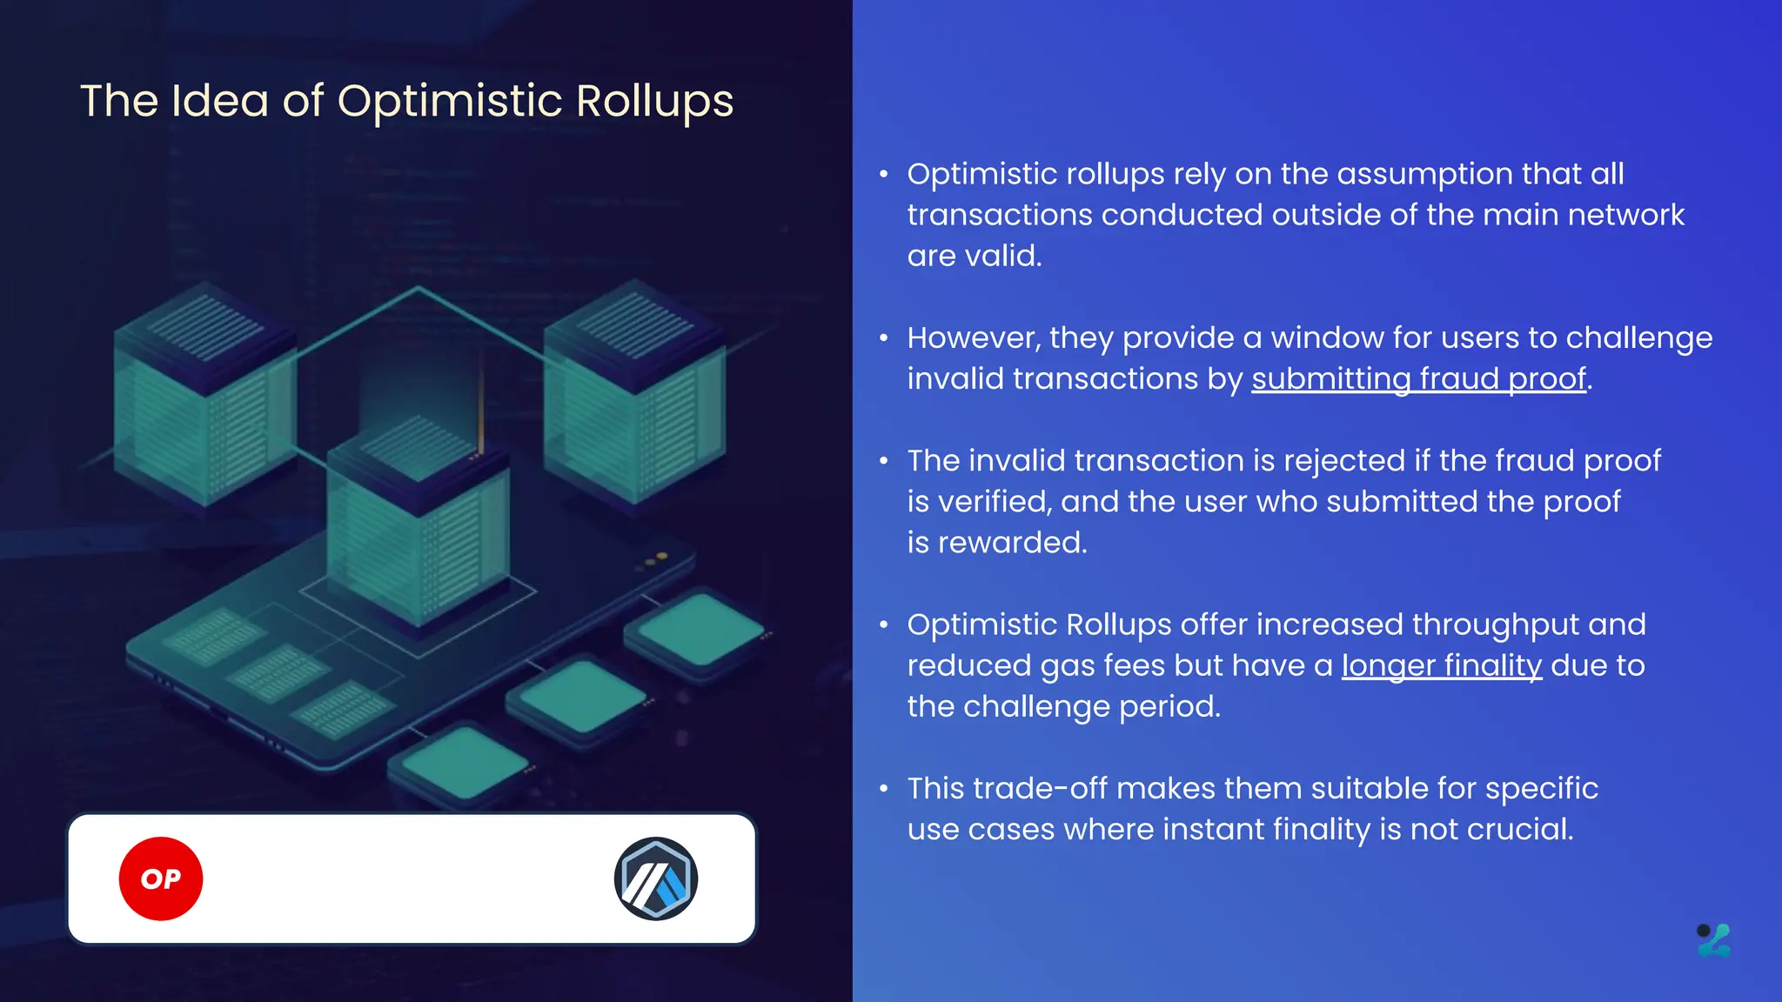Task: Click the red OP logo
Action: click(x=161, y=878)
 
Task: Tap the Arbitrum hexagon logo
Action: click(x=656, y=878)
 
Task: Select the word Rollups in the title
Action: click(x=654, y=101)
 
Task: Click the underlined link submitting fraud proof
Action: click(x=1418, y=379)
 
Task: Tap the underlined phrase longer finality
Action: click(x=1441, y=665)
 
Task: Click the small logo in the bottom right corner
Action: click(x=1713, y=940)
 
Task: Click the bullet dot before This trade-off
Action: click(x=884, y=789)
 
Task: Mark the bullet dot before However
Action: click(x=884, y=338)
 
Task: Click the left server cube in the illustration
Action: click(x=205, y=396)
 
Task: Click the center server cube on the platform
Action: click(x=418, y=522)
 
